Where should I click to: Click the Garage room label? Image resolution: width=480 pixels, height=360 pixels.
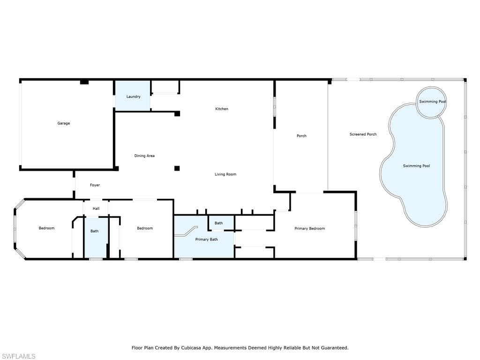click(64, 123)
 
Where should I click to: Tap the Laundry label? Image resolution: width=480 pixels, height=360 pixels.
click(134, 97)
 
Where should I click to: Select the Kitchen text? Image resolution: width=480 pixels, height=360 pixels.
click(222, 109)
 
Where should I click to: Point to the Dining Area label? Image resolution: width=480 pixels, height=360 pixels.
click(144, 156)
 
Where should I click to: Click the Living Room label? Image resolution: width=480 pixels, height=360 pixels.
click(225, 174)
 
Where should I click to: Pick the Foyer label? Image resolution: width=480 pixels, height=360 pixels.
click(95, 185)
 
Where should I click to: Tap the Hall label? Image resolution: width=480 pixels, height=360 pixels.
click(96, 209)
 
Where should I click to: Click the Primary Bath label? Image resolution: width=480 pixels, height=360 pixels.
click(207, 240)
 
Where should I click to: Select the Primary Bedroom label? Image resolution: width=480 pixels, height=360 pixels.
click(310, 228)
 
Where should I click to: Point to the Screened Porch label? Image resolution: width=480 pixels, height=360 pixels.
click(363, 134)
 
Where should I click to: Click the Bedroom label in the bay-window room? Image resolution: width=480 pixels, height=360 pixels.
click(46, 228)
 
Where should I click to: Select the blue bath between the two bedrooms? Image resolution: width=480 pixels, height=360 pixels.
click(96, 237)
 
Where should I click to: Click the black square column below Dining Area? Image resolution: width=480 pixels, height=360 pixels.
click(177, 168)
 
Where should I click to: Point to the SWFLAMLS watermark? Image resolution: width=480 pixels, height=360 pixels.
click(18, 356)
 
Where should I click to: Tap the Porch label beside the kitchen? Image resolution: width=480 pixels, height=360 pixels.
click(301, 135)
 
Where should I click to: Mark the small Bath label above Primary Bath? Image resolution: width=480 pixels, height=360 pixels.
click(218, 223)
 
